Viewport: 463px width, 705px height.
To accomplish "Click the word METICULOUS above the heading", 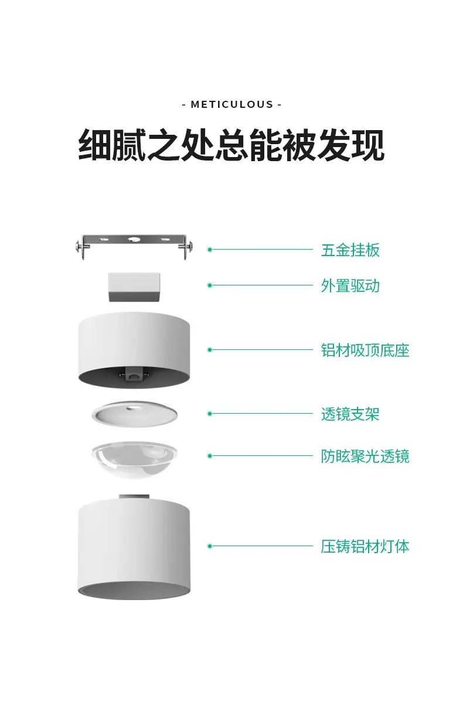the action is (231, 104).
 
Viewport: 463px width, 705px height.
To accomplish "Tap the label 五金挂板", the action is (350, 250).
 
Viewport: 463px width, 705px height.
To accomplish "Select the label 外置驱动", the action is (350, 286).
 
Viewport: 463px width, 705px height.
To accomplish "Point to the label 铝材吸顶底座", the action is (365, 350).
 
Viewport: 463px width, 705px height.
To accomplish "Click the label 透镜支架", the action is (350, 414).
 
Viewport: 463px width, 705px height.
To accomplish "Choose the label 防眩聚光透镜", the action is (365, 457).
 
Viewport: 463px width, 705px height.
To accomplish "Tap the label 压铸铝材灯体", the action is (365, 547).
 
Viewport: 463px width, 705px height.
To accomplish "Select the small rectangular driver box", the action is (134, 287).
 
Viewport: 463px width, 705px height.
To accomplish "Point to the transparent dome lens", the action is (134, 460).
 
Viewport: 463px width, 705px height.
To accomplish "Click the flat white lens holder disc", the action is (134, 414).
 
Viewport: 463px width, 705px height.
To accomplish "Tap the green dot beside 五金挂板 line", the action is (210, 250).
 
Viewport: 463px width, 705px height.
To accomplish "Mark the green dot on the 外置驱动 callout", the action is (210, 285).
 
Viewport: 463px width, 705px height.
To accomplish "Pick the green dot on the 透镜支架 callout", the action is (210, 414).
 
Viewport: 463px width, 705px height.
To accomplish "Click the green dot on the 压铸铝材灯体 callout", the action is (210, 546).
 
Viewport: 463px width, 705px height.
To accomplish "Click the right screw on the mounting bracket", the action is (189, 247).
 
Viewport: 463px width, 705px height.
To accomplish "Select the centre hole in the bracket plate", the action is (134, 240).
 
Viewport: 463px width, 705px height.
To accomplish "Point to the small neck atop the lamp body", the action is (134, 496).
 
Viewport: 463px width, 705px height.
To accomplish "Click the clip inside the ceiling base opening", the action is (134, 373).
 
